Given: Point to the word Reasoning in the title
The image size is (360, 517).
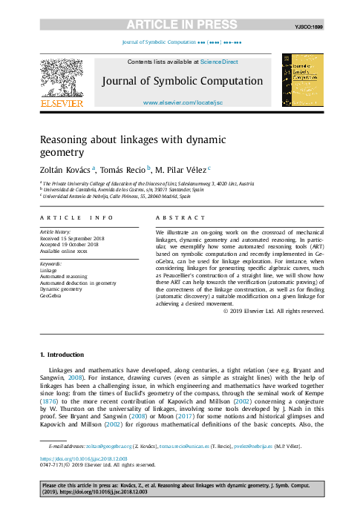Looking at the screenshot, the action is (x=65, y=139).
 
